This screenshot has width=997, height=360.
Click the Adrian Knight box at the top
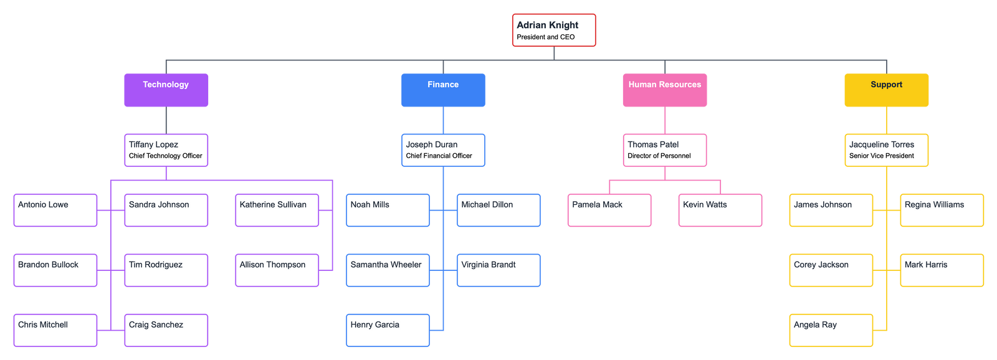click(x=553, y=30)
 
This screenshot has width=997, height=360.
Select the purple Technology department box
click(x=166, y=90)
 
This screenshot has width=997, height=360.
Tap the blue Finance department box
click(x=443, y=90)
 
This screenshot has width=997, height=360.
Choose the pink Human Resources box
click(x=664, y=90)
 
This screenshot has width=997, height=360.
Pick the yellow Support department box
click(x=886, y=90)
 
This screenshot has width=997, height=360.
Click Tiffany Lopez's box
click(x=166, y=150)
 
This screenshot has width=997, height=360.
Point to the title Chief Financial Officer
click(x=439, y=156)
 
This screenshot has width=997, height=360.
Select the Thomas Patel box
click(x=664, y=150)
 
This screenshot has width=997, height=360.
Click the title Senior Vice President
click(x=881, y=156)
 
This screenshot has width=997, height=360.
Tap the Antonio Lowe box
click(x=55, y=210)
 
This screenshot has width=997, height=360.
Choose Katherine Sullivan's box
click(x=277, y=210)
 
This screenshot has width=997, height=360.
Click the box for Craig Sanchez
click(x=166, y=330)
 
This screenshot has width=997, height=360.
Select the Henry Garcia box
click(x=388, y=330)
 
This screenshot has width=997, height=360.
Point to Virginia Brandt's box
click(x=499, y=270)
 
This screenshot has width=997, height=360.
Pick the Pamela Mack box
click(x=609, y=210)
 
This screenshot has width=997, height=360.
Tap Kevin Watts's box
click(x=720, y=210)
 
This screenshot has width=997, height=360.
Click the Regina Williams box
click(x=942, y=210)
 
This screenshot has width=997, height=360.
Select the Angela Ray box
click(x=831, y=330)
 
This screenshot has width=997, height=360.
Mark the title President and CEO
click(x=546, y=37)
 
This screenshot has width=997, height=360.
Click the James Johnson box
click(x=831, y=210)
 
